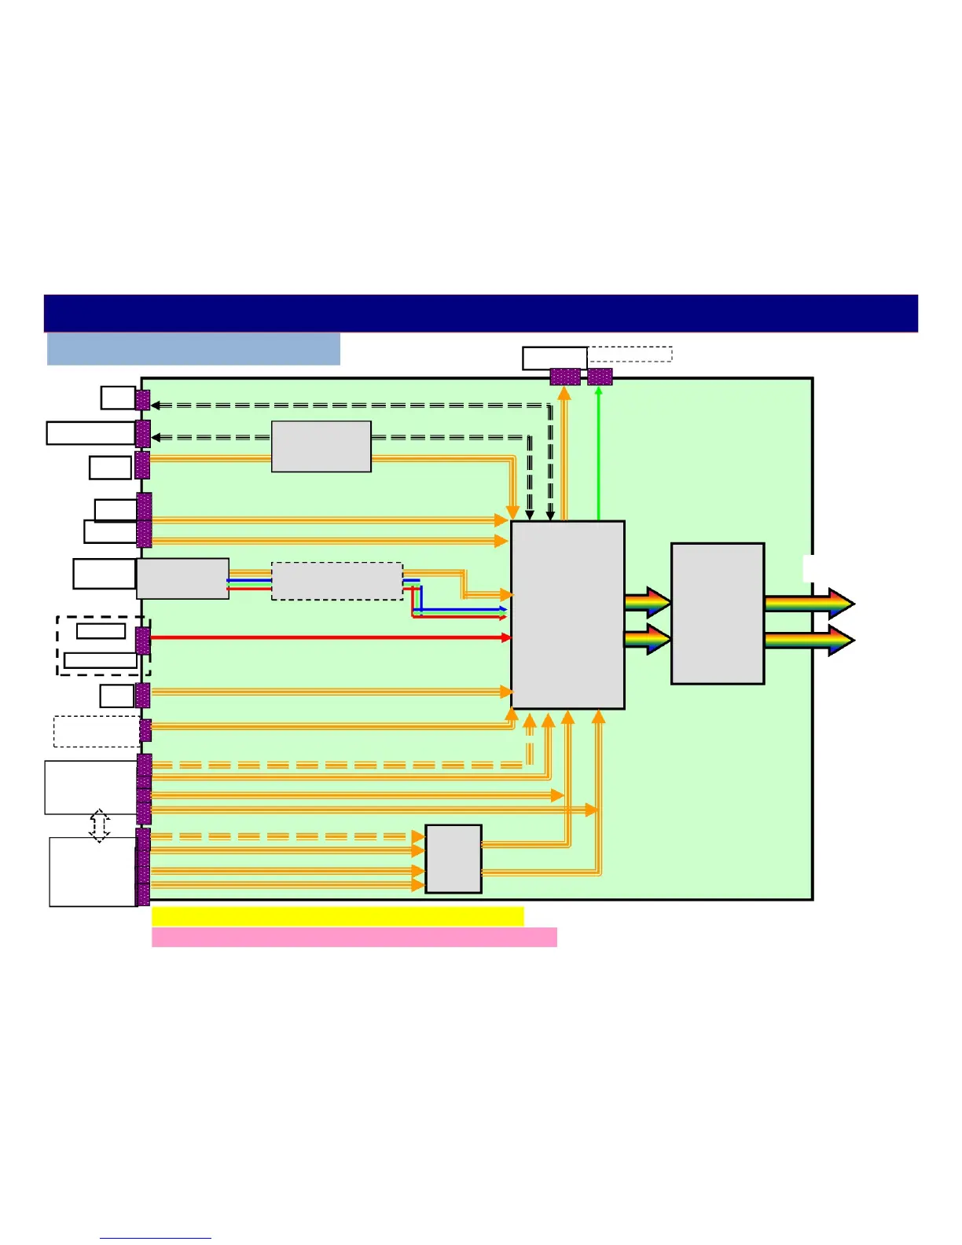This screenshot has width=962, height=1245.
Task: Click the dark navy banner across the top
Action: click(480, 313)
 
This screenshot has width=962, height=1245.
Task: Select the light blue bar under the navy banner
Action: click(193, 349)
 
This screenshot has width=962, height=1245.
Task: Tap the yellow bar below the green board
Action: click(337, 916)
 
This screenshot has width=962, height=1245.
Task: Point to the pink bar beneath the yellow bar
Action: click(354, 937)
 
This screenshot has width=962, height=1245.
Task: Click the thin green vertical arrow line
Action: click(599, 456)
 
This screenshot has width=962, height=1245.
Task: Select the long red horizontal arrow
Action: click(330, 637)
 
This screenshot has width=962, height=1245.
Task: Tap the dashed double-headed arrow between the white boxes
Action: click(100, 826)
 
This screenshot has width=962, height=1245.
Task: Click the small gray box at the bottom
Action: click(453, 859)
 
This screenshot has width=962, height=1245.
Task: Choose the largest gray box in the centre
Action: click(567, 615)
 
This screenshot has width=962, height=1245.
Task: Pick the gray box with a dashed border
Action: click(337, 582)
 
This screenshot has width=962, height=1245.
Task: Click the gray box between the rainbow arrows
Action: click(718, 613)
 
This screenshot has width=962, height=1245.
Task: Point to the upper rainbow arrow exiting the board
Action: click(810, 604)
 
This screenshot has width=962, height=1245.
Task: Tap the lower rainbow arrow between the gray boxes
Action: click(647, 639)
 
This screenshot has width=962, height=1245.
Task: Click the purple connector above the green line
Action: click(600, 376)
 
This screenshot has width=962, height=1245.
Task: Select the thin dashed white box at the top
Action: click(630, 354)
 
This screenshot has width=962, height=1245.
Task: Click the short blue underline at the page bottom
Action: click(156, 1238)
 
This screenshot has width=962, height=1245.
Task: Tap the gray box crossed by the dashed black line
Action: click(321, 446)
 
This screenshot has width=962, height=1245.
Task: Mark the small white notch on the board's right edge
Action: click(807, 568)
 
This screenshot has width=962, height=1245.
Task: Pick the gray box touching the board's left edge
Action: click(183, 579)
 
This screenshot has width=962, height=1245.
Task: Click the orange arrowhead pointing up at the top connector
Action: click(564, 394)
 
